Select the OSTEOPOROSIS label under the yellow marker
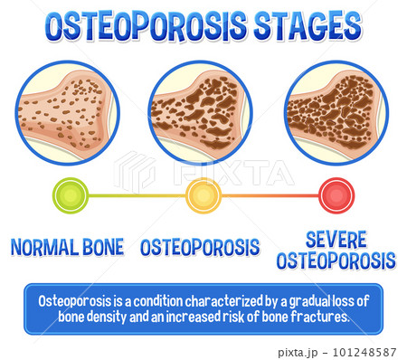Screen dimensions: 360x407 (x=200, y=247)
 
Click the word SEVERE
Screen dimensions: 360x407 (x=336, y=240)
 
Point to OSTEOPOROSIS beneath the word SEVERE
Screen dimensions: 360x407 (x=336, y=261)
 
